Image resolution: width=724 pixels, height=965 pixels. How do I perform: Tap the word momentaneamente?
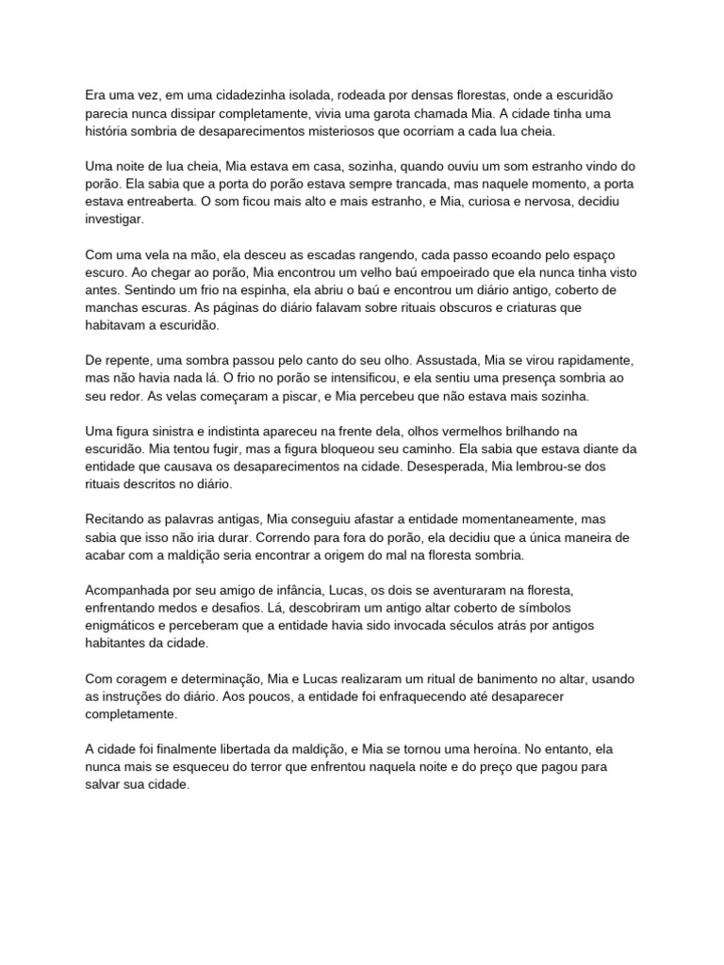click(510, 519)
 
